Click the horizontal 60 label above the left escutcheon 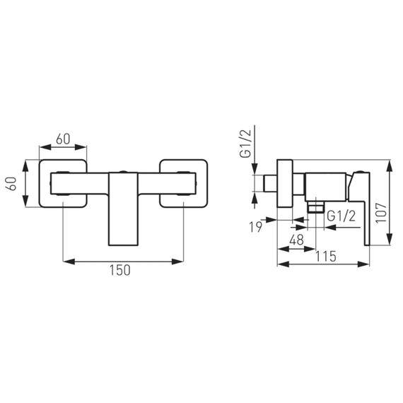tap(63, 139)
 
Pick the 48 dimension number tap(297, 240)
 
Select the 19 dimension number tap(255, 227)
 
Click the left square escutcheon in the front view tap(64, 182)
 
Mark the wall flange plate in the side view tap(286, 182)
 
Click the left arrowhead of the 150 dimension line tap(66, 262)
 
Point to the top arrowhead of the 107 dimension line tap(390, 162)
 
